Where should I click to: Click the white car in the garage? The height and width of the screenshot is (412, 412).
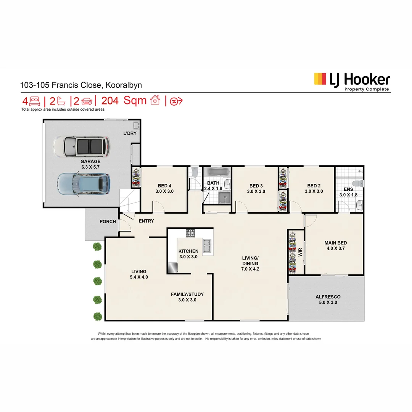point(81,146)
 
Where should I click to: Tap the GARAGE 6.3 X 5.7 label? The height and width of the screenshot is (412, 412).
point(90,164)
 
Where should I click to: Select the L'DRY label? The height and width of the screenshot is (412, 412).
point(130,134)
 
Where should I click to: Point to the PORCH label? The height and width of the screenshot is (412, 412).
point(108,222)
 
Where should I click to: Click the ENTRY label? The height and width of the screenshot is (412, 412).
point(146,221)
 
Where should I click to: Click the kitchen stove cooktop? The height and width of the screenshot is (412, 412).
point(190,232)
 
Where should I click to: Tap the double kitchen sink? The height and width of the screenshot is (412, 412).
point(208,246)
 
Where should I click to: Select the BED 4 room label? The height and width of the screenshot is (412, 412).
point(164,188)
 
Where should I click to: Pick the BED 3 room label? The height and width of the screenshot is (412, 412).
point(256,188)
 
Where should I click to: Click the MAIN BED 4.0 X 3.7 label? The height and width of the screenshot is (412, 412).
point(335,245)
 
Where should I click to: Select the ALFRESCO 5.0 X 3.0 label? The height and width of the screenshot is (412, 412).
point(328,299)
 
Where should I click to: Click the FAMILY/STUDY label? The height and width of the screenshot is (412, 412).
point(187,297)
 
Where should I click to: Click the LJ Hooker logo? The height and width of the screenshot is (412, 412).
point(351,81)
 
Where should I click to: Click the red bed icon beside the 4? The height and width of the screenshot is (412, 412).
point(34,101)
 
